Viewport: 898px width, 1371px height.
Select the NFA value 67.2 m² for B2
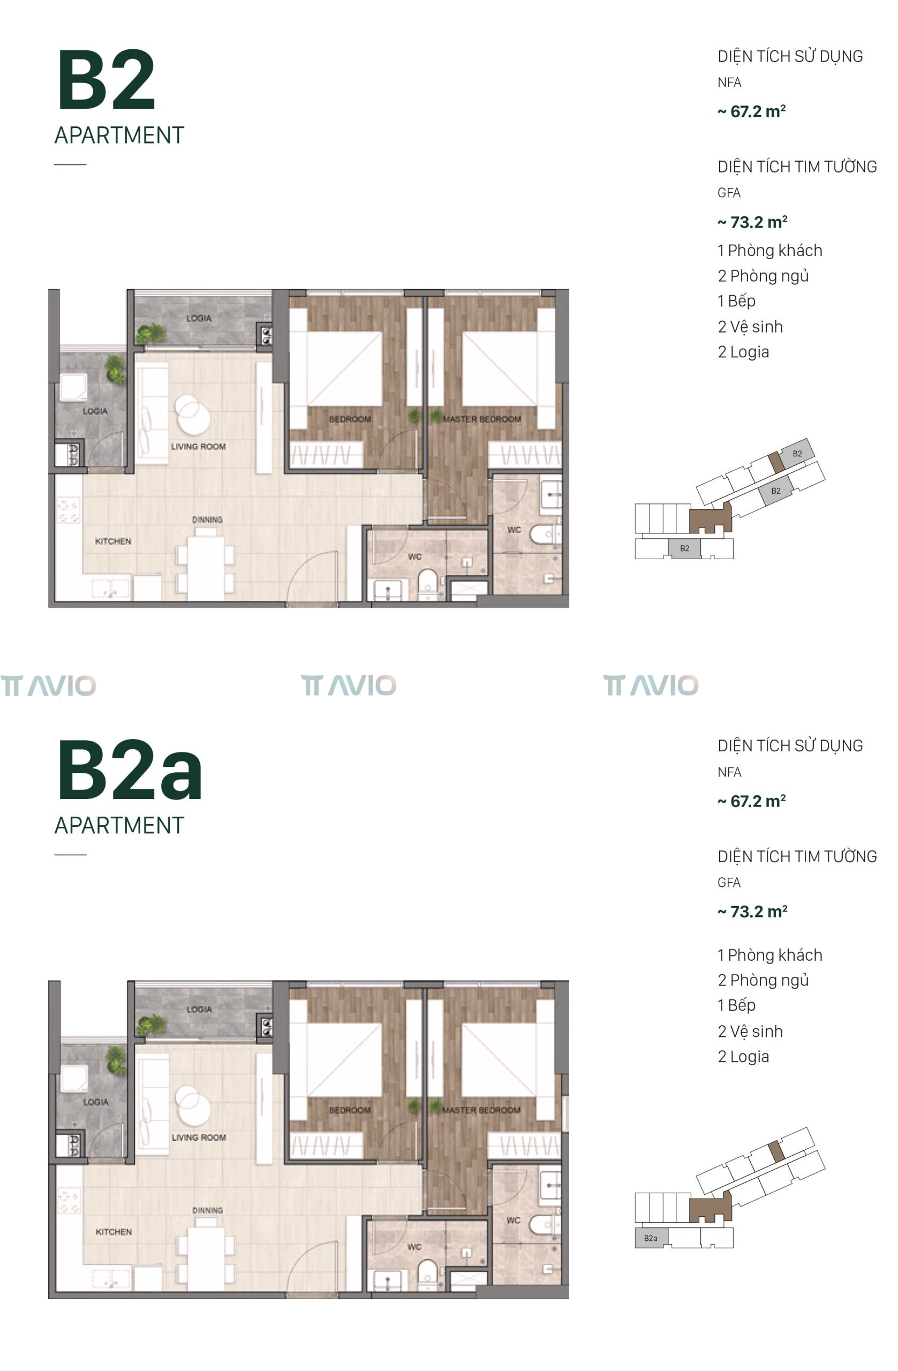751,111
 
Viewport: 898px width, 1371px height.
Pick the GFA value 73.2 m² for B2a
752,912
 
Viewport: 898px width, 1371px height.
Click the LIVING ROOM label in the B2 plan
198,447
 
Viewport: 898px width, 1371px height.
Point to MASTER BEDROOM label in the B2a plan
481,1110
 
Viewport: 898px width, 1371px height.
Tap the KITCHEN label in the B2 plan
113,541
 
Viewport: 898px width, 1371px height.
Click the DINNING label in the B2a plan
207,1210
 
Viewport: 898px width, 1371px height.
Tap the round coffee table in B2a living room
193,1105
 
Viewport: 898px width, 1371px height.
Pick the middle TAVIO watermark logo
349,685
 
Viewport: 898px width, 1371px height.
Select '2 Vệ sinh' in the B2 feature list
750,327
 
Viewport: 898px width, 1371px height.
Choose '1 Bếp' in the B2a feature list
736,1005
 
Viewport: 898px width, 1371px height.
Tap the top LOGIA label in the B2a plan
199,1010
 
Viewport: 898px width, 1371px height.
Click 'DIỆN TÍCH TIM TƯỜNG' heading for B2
797,167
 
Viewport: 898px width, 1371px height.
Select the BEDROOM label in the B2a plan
350,1110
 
